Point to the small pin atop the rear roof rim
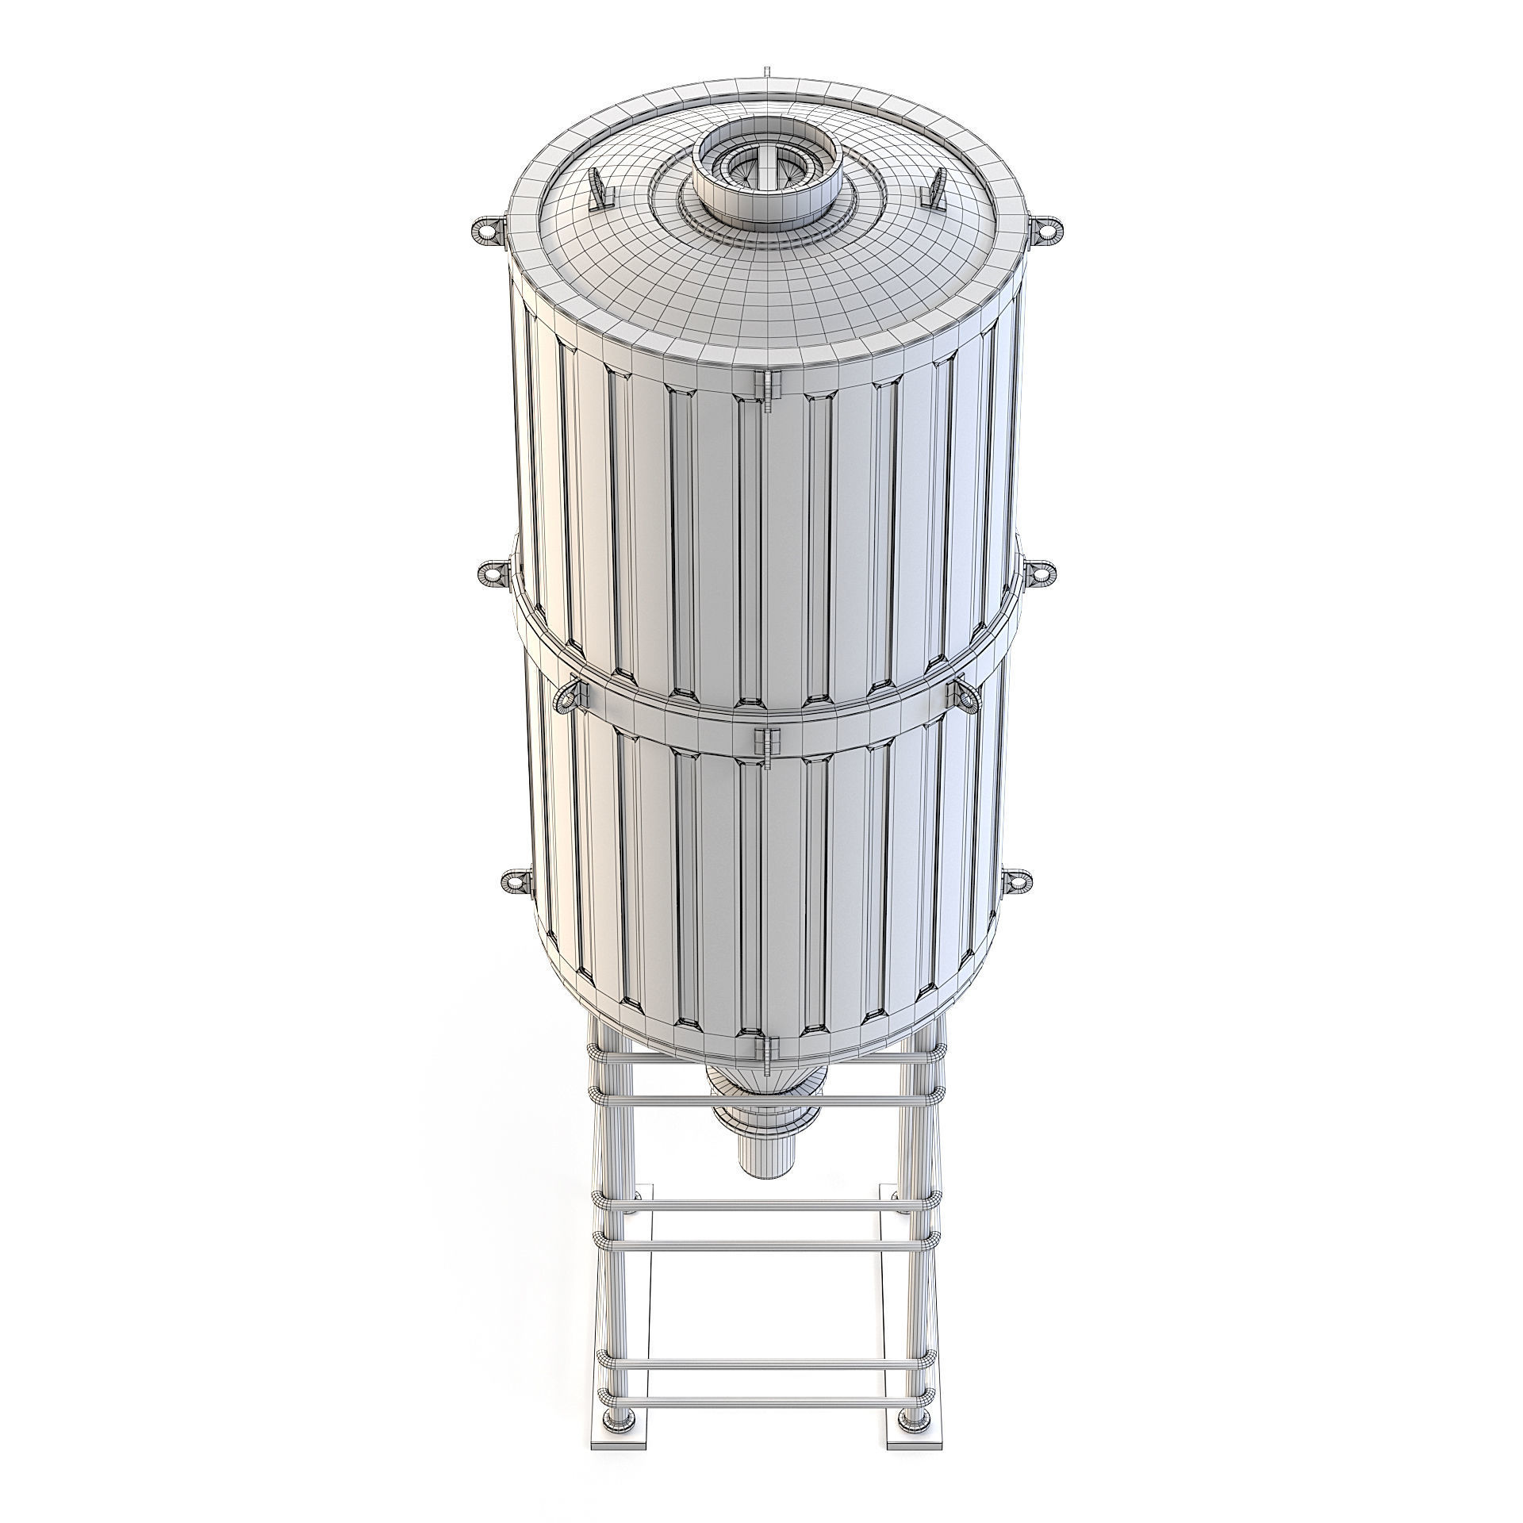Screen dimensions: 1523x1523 coord(768,72)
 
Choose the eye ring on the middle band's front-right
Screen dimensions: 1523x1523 coord(965,694)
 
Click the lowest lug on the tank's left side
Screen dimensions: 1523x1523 coord(515,881)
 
